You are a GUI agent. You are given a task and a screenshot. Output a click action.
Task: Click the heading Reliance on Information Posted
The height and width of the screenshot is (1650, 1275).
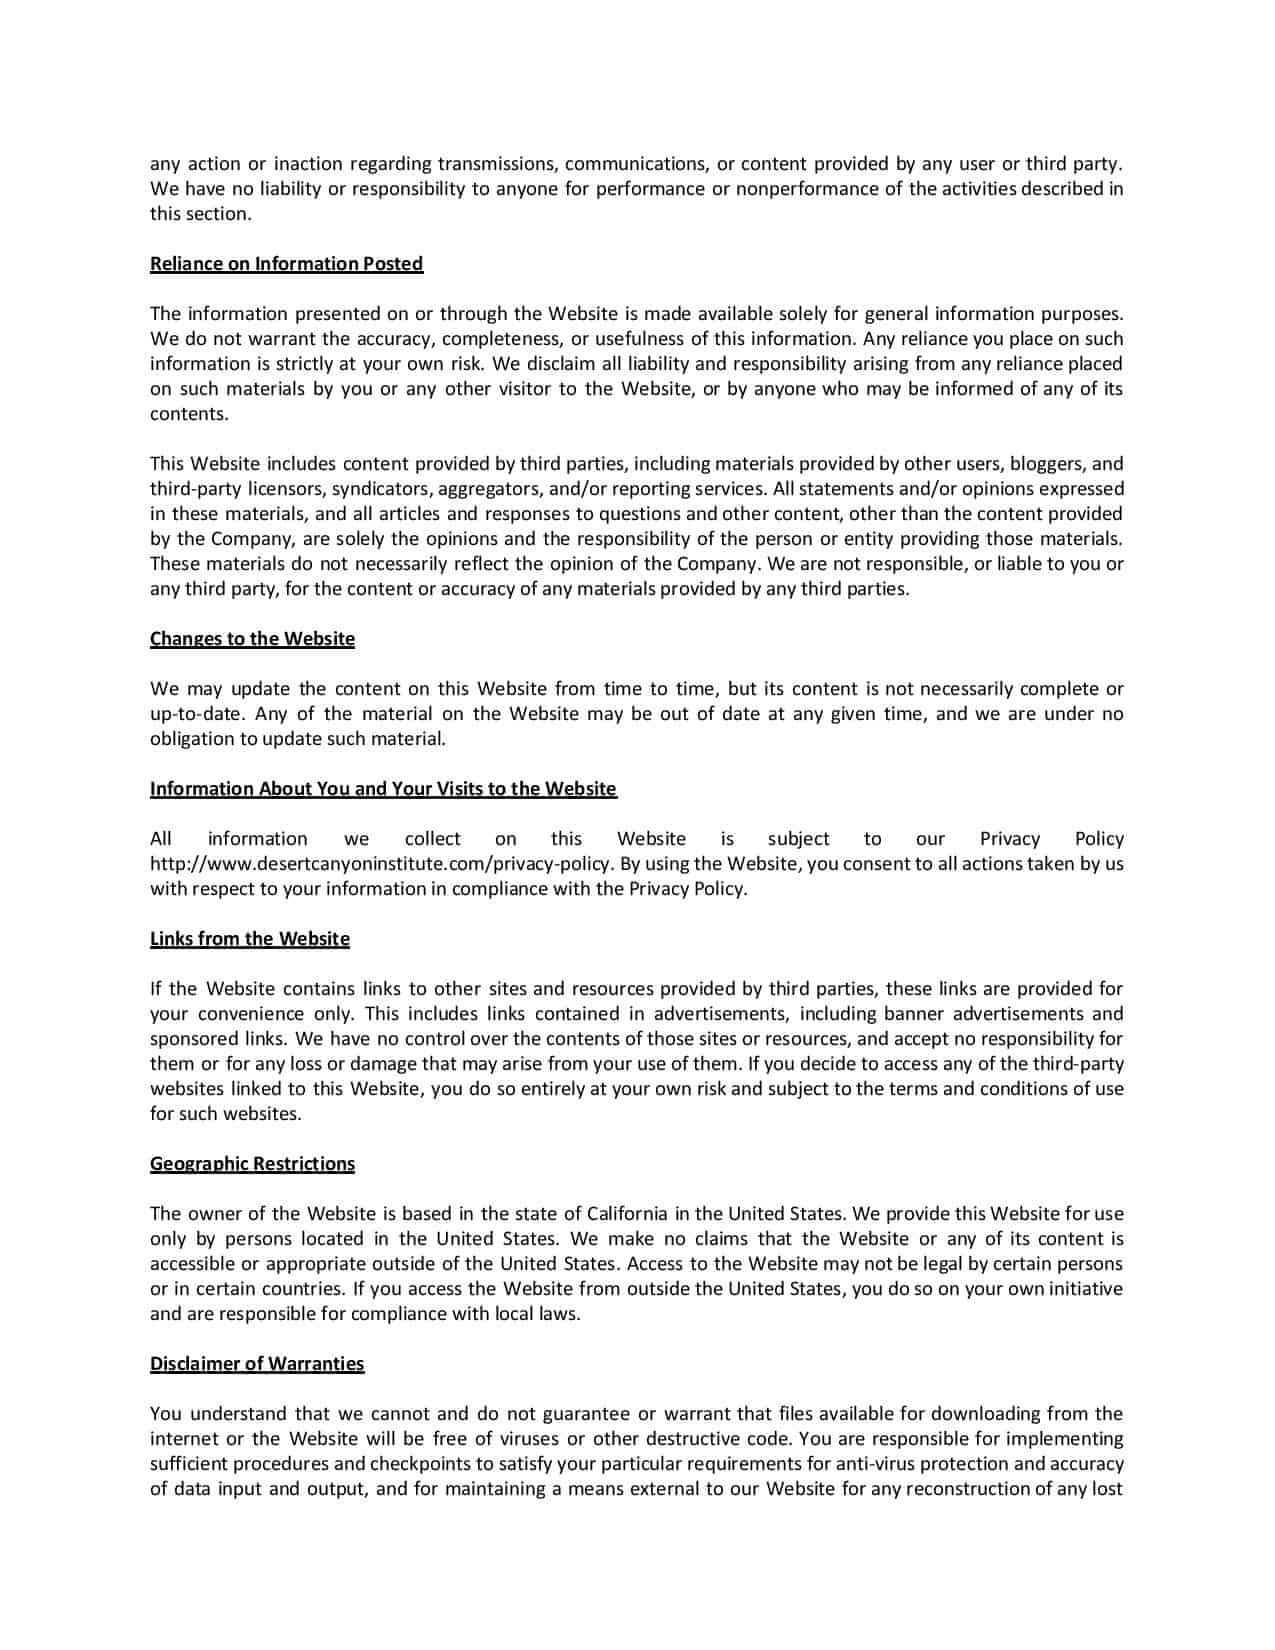[286, 264]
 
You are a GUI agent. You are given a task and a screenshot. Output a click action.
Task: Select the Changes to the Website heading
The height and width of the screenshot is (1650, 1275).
[252, 639]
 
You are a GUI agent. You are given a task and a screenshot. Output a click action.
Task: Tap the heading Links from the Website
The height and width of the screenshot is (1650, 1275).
[250, 939]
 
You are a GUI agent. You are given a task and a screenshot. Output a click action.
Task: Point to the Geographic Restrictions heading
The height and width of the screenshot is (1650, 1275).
[252, 1164]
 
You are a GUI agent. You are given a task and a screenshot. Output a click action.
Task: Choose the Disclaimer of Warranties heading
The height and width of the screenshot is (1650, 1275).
[257, 1364]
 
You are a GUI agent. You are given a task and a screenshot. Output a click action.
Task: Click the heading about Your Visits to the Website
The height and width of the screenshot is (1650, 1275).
[383, 789]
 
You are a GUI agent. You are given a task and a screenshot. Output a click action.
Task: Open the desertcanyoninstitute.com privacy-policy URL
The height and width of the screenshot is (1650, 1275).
[381, 864]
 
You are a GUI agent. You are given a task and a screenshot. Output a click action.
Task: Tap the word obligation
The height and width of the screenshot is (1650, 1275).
[192, 739]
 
